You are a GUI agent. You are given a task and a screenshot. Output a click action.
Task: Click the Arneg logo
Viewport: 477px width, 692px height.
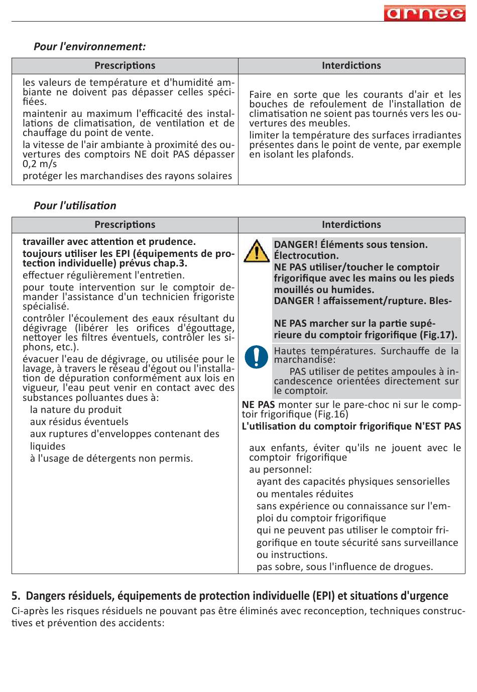(424, 13)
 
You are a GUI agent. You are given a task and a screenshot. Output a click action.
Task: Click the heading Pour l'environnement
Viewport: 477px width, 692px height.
(89, 47)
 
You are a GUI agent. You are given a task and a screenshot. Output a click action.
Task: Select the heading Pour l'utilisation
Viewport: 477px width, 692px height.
(75, 206)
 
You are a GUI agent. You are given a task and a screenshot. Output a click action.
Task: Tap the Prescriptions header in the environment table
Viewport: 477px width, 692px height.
(125, 66)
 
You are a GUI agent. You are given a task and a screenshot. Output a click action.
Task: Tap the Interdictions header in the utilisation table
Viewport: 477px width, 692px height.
(351, 225)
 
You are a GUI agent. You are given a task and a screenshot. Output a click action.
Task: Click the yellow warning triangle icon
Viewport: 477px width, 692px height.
(256, 251)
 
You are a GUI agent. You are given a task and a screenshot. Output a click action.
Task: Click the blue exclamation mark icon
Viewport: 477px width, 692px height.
(256, 357)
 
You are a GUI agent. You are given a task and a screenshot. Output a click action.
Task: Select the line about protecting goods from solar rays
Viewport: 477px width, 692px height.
(127, 176)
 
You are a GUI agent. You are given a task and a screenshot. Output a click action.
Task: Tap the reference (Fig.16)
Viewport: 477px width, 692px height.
(331, 414)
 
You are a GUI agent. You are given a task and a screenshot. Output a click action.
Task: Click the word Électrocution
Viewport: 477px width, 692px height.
(306, 256)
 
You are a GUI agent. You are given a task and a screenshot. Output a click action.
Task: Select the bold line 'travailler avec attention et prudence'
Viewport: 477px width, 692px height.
(109, 241)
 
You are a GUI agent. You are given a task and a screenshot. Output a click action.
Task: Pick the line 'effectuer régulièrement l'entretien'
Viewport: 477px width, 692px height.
(103, 275)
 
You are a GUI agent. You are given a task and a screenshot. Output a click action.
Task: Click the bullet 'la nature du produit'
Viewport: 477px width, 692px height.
(75, 409)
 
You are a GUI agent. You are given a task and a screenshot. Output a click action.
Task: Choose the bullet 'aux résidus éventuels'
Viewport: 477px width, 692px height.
(79, 422)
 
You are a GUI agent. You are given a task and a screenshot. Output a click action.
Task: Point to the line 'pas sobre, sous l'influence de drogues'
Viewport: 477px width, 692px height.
(344, 567)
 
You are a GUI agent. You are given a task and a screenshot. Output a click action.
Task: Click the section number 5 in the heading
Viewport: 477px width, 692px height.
(16, 596)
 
